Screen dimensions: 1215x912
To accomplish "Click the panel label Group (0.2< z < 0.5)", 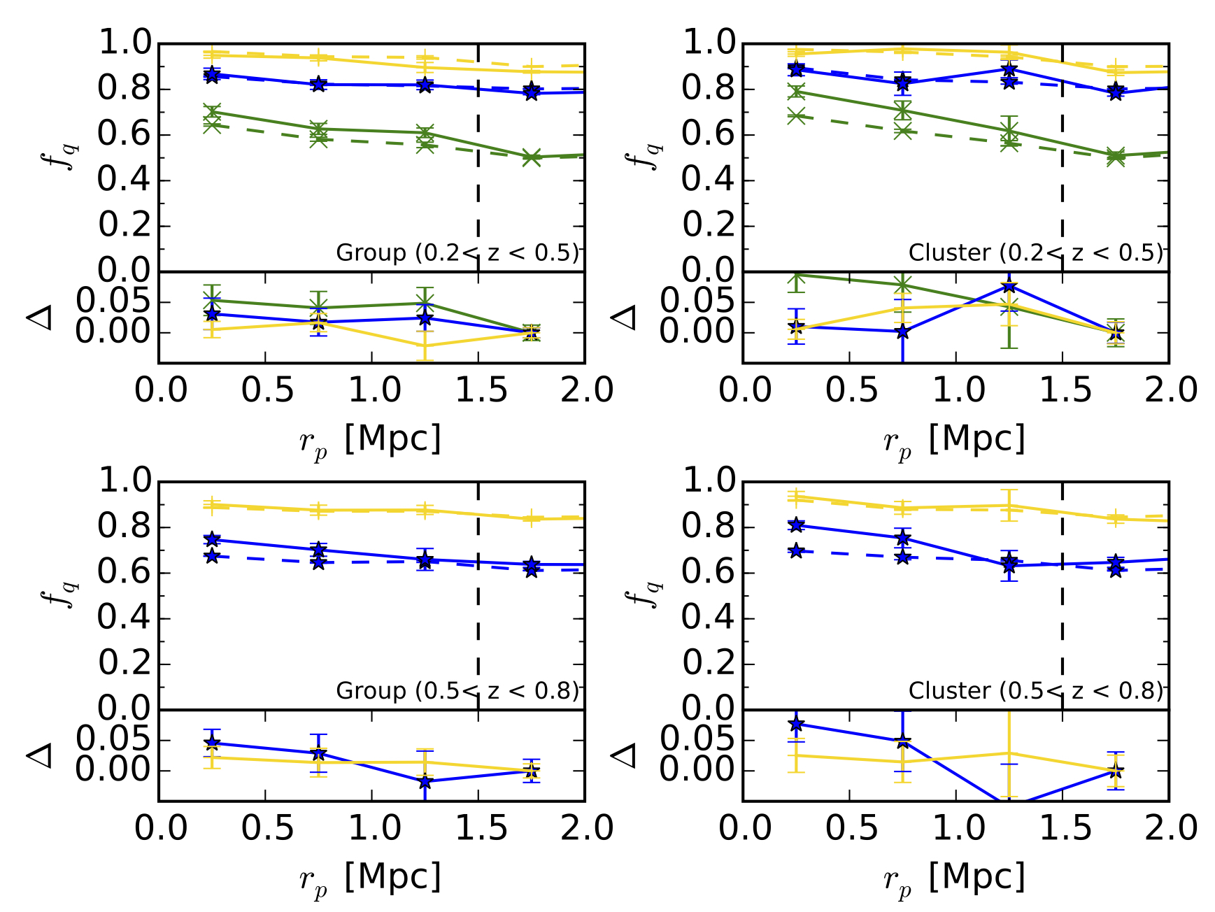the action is coord(458,252).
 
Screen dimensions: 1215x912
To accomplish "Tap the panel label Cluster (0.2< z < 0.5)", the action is coord(1036,252).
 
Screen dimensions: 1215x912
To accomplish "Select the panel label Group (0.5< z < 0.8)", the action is coord(458,690).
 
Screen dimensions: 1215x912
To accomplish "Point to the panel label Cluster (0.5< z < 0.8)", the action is coord(1036,690).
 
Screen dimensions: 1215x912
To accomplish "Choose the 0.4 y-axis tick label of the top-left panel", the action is coord(124,180).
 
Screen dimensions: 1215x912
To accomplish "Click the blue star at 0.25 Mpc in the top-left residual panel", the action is coord(212,314).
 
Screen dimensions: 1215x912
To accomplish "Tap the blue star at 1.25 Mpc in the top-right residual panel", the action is coord(1009,286).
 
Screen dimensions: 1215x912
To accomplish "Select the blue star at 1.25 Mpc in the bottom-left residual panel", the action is coord(425,782).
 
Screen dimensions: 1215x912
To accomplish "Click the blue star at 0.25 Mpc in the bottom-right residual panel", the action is coord(796,724).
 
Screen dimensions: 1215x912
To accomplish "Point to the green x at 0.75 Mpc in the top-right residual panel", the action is coord(903,285).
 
